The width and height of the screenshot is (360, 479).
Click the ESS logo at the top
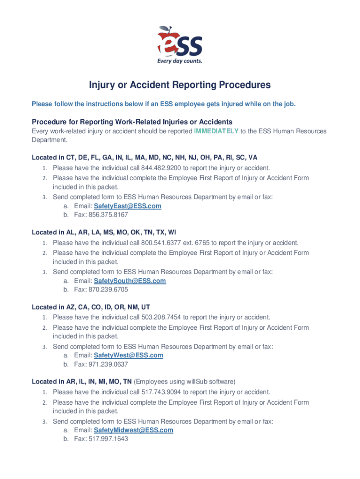180,43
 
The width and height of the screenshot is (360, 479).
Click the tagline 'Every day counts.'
180,61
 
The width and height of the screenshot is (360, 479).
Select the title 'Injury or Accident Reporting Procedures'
180,85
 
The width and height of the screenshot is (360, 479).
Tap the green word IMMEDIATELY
216,131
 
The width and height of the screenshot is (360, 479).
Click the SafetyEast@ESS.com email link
128,206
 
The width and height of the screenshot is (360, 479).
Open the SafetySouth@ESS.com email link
130,281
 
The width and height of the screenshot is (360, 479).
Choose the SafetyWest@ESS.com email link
129,355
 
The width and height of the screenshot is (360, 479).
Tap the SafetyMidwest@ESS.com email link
134,430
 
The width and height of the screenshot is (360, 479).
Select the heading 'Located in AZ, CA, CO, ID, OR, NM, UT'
91,307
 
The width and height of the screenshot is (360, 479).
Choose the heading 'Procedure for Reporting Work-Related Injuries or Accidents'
132,122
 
